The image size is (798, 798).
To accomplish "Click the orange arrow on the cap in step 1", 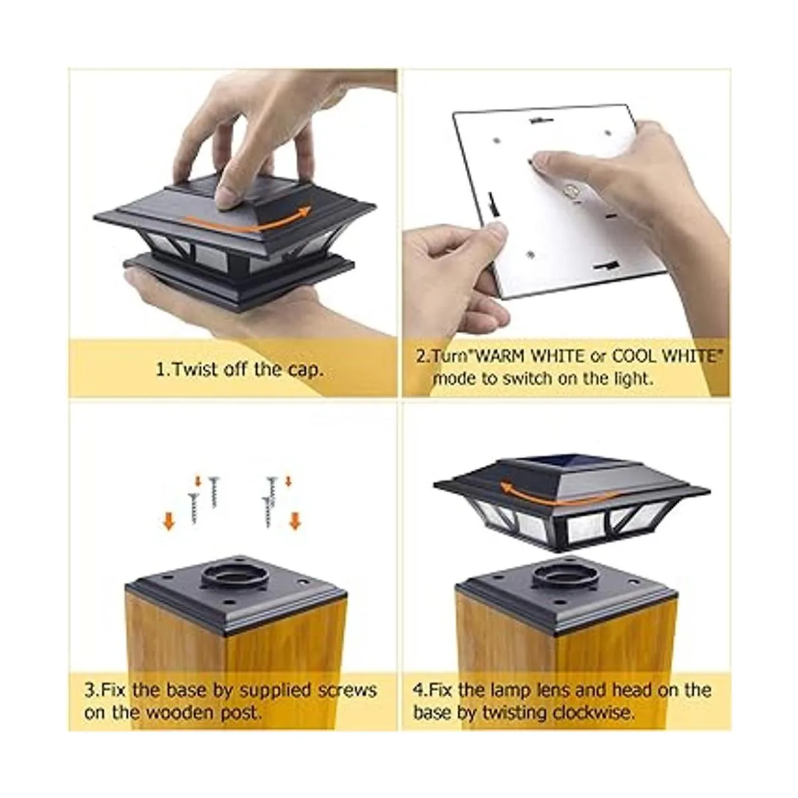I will pos(249,221).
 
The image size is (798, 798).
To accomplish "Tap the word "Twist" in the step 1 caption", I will pos(195,369).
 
